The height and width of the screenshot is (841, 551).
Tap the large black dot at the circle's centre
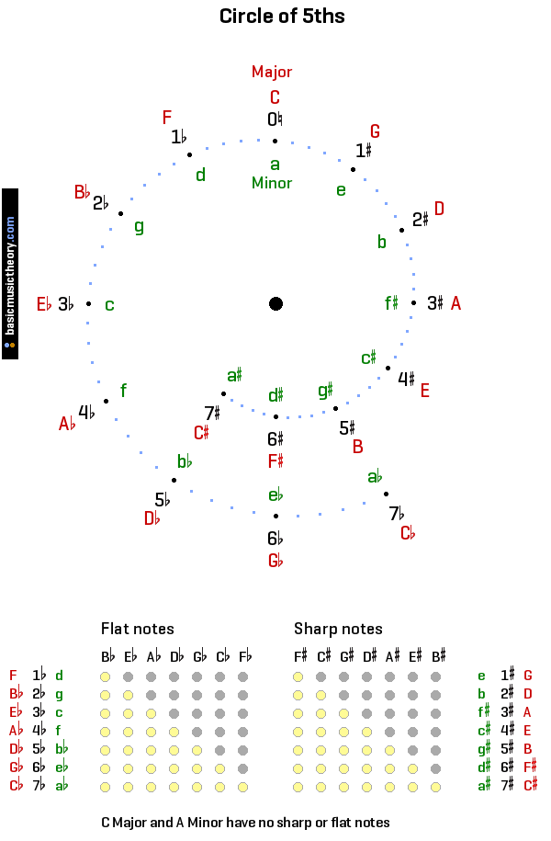[x=275, y=304]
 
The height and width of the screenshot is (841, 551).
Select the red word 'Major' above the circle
[x=272, y=72]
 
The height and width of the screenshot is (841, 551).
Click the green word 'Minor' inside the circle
[x=272, y=183]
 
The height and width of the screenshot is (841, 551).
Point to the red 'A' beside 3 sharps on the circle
[x=455, y=302]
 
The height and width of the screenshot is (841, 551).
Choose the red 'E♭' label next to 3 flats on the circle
[x=44, y=304]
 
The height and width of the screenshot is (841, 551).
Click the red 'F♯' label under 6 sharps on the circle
[x=275, y=460]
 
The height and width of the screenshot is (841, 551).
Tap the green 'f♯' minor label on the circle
[x=391, y=302]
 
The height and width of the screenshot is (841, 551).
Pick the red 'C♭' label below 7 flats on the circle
[x=408, y=533]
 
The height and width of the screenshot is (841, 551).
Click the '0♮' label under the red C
[x=275, y=119]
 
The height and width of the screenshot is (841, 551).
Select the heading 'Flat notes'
[x=138, y=630]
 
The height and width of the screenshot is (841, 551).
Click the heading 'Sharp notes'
[x=338, y=630]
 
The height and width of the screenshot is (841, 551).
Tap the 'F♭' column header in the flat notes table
[x=244, y=656]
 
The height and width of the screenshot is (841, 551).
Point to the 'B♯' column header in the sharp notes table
[x=438, y=656]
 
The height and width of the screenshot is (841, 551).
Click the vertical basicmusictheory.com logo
[x=10, y=274]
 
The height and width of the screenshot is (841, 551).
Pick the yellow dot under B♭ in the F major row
[x=106, y=676]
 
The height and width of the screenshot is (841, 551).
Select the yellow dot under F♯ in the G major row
[x=298, y=676]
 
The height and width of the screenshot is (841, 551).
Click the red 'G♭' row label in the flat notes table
[x=15, y=767]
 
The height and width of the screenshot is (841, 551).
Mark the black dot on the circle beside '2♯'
[x=401, y=230]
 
